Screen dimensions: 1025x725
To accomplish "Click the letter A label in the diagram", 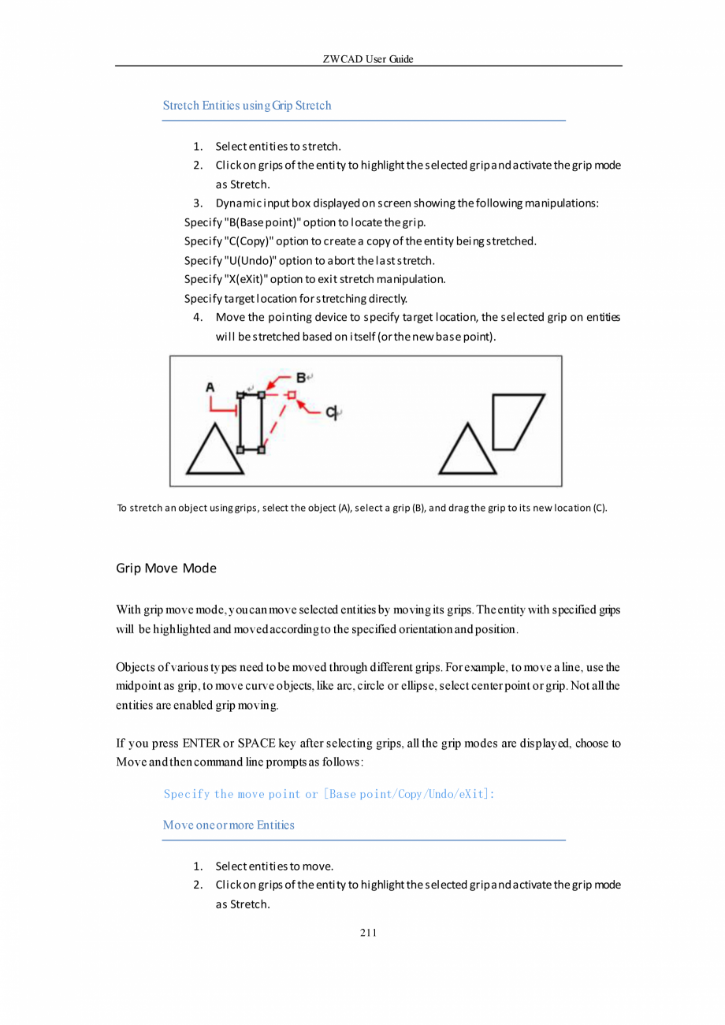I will tap(210, 387).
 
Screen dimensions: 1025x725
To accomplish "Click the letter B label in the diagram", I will tap(301, 378).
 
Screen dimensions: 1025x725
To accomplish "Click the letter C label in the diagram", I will tap(332, 412).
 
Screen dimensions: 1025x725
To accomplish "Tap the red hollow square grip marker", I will tap(291, 394).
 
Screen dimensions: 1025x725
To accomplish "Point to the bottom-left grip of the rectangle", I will tap(240, 449).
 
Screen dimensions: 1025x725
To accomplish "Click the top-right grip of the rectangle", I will tap(262, 393).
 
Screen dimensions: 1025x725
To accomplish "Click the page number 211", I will tap(368, 934).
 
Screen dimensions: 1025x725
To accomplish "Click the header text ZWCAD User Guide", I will tap(368, 59).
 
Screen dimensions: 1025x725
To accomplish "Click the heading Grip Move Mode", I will tap(166, 568).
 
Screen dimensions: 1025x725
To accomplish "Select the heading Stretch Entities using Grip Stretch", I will tap(247, 106).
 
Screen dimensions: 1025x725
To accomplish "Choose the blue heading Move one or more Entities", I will tap(229, 825).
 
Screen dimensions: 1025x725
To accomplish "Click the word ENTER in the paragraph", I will tap(201, 743).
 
